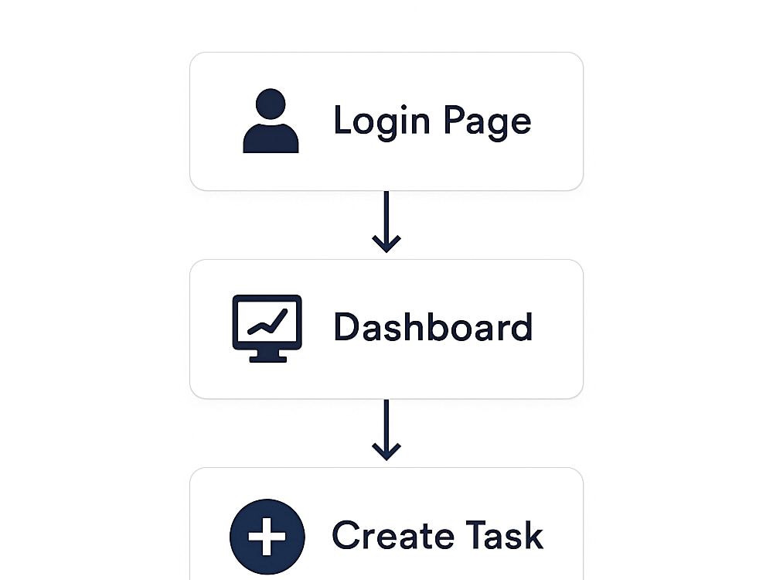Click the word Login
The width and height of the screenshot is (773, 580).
[x=382, y=122]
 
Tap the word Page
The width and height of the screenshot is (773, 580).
[x=488, y=122]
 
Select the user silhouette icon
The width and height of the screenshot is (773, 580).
[x=271, y=121]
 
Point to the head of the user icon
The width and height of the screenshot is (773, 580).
[x=271, y=104]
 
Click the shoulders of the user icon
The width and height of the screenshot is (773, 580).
[x=271, y=138]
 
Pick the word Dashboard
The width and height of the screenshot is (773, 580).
[x=434, y=326]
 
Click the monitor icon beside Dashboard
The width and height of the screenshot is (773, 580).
[x=267, y=329]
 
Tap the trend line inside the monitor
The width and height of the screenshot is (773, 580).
[x=267, y=322]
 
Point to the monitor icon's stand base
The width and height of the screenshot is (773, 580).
[x=267, y=359]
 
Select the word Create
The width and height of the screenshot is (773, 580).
[x=393, y=534]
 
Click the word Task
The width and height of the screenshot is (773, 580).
[x=505, y=534]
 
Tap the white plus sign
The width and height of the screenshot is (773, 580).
[x=267, y=537]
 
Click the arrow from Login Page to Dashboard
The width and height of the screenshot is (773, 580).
[x=386, y=222]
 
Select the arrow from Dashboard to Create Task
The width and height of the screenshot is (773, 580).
[x=386, y=430]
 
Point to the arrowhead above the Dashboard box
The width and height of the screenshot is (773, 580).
[x=386, y=244]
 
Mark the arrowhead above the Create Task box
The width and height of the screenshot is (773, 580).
[x=386, y=452]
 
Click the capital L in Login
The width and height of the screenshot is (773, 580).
[x=342, y=119]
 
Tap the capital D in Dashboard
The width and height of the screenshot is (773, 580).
[x=346, y=326]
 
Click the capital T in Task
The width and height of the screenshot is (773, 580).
[x=478, y=534]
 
